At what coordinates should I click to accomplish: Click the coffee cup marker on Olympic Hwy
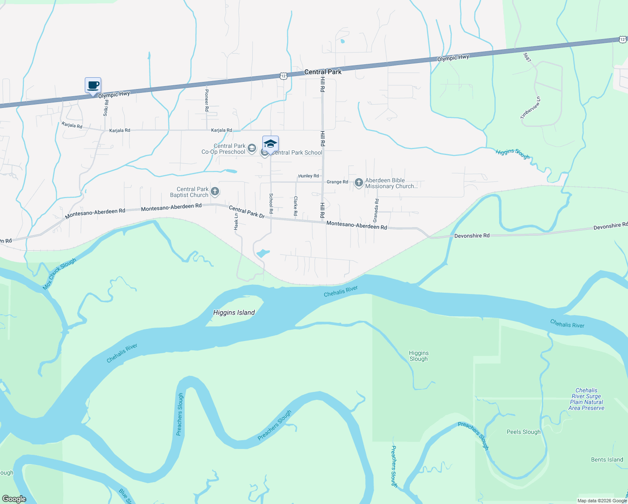tap(93, 86)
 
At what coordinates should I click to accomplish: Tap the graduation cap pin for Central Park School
tap(270, 144)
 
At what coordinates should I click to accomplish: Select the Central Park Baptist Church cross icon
tap(215, 192)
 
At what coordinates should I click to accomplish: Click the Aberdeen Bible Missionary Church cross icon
tap(359, 182)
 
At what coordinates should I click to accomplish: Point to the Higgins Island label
tap(234, 312)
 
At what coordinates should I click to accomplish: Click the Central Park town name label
tap(323, 72)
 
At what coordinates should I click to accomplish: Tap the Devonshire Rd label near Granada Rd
tap(472, 236)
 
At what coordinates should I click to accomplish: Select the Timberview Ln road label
tap(531, 108)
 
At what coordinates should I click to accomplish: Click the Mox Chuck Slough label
tap(60, 274)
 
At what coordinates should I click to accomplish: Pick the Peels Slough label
tap(523, 432)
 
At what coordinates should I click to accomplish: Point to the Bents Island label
tap(607, 459)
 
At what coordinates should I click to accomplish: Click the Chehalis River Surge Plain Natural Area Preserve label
tap(586, 399)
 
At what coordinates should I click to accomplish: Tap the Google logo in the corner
tap(14, 499)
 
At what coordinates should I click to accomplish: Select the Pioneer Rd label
tap(207, 100)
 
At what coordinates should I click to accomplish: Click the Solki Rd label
tap(106, 108)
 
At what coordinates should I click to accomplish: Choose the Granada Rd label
tap(376, 210)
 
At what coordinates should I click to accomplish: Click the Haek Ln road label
tap(236, 221)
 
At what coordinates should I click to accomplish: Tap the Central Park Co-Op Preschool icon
tap(252, 148)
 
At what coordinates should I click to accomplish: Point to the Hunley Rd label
tap(309, 176)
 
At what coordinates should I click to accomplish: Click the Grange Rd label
tap(337, 182)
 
